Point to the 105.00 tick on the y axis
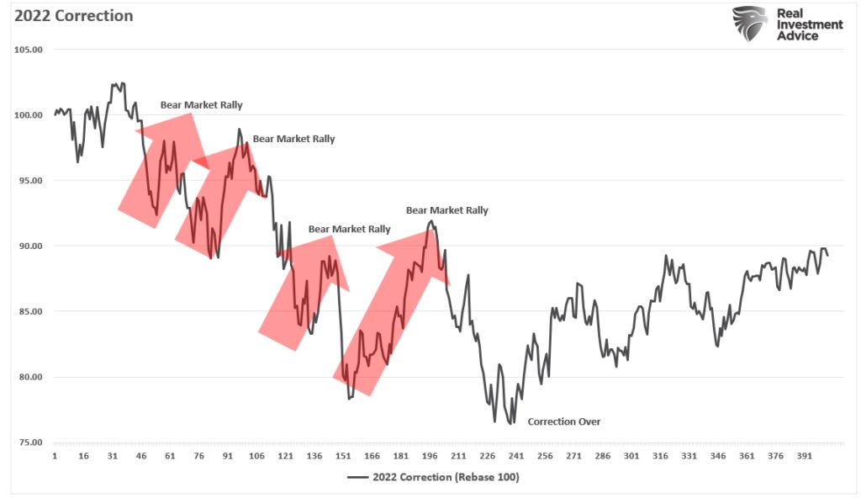pyautogui.click(x=30, y=49)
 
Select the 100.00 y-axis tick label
pyautogui.click(x=30, y=114)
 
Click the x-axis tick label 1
pyautogui.click(x=55, y=456)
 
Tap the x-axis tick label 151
pyautogui.click(x=342, y=456)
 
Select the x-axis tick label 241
pyautogui.click(x=515, y=456)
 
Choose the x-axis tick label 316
pyautogui.click(x=660, y=456)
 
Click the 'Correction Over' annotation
pyautogui.click(x=563, y=421)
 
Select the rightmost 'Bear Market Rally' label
pyautogui.click(x=446, y=210)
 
